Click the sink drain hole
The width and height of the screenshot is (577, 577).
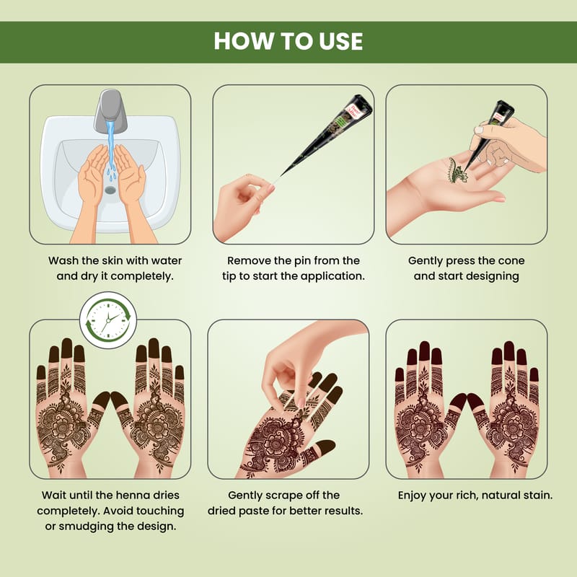(x=110, y=190)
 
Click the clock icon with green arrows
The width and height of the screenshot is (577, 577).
(x=108, y=320)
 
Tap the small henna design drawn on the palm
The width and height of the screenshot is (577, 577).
(x=457, y=170)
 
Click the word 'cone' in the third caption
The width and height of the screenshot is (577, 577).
(x=511, y=261)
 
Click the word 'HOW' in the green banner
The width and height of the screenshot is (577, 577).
(x=245, y=41)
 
